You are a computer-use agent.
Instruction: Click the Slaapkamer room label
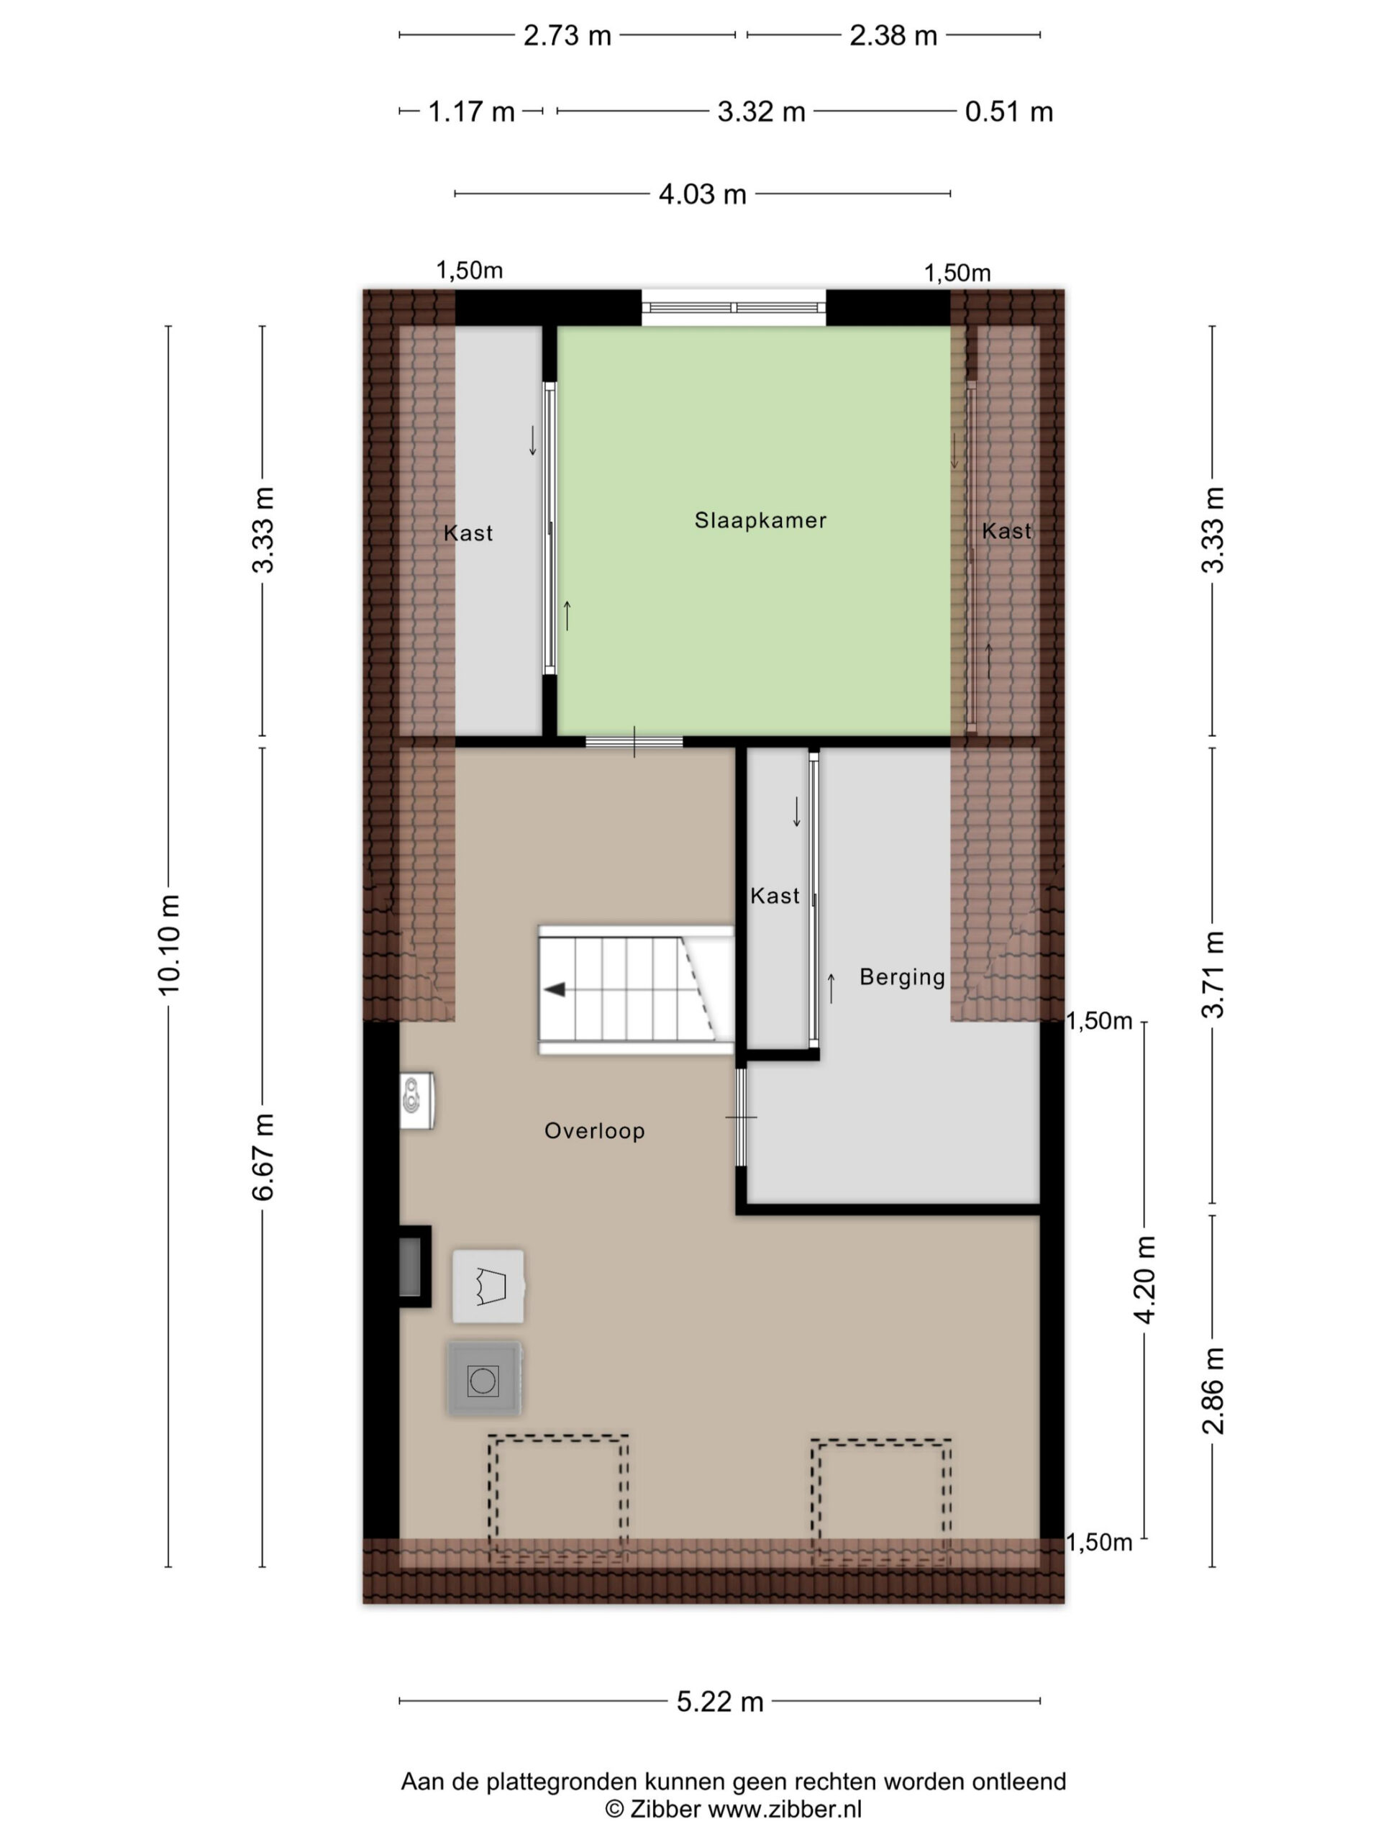click(x=760, y=520)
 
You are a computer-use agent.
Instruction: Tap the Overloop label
click(x=594, y=1131)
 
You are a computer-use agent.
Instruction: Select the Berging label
click(x=903, y=977)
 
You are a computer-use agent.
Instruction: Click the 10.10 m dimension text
click(x=169, y=945)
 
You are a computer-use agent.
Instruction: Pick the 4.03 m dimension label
click(x=703, y=194)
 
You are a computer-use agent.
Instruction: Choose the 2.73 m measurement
click(x=567, y=36)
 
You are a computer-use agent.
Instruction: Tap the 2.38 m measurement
click(x=893, y=36)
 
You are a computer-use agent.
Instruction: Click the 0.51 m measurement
click(x=1009, y=112)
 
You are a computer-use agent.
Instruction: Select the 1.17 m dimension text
click(x=471, y=112)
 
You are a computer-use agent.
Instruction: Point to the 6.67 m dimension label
click(x=263, y=1157)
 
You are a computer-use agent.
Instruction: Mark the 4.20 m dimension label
click(x=1145, y=1280)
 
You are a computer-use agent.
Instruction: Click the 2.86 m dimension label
click(x=1213, y=1391)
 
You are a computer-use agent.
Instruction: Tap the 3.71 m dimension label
click(x=1213, y=974)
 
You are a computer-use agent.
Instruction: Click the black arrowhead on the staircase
click(x=555, y=989)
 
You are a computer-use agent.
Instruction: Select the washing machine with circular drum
click(x=483, y=1379)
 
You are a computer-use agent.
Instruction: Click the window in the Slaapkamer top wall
click(x=734, y=307)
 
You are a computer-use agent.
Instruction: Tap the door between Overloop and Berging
click(x=741, y=1117)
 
